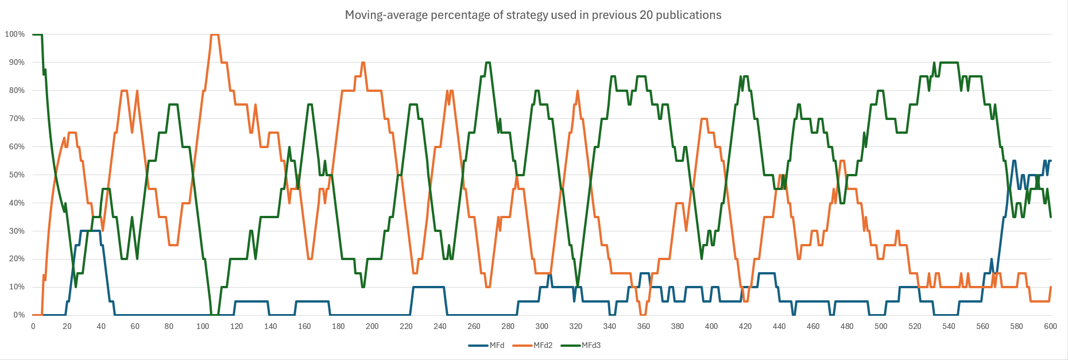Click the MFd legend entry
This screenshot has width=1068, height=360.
pyautogui.click(x=497, y=345)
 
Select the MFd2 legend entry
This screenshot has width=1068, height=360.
pyautogui.click(x=542, y=345)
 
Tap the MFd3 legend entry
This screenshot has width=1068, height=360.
pyautogui.click(x=590, y=345)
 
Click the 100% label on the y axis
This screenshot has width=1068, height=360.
pyautogui.click(x=15, y=34)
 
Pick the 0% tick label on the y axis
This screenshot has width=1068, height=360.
pyautogui.click(x=19, y=315)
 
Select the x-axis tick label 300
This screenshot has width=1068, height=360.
pyautogui.click(x=541, y=326)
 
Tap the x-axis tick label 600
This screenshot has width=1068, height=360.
pyautogui.click(x=1050, y=326)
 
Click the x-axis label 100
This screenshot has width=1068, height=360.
pyautogui.click(x=203, y=326)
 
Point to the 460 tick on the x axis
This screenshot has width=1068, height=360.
pyautogui.click(x=813, y=326)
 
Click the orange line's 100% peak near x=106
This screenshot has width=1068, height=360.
pyautogui.click(x=214, y=35)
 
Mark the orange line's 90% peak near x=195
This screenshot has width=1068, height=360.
pyautogui.click(x=363, y=63)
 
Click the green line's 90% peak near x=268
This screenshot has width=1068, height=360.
pyautogui.click(x=487, y=63)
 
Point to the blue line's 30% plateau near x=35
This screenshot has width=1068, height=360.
pyautogui.click(x=91, y=231)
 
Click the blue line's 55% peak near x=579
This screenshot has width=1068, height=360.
pyautogui.click(x=1015, y=161)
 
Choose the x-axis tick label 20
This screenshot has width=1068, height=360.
pyautogui.click(x=67, y=326)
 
